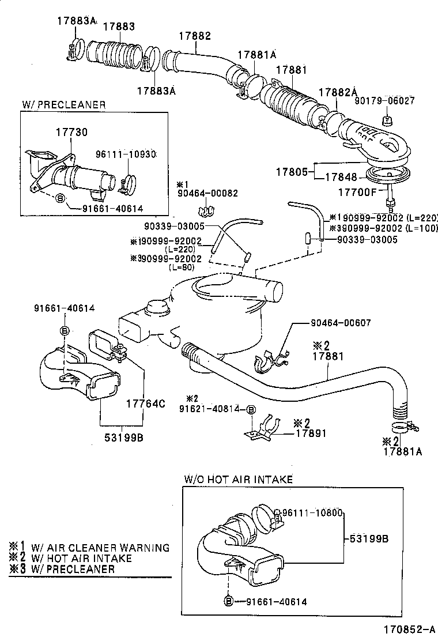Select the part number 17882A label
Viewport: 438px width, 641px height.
coord(338,92)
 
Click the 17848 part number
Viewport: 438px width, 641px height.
coord(342,177)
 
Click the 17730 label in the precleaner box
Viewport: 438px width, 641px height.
coord(71,132)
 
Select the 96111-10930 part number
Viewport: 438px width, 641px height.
coord(126,154)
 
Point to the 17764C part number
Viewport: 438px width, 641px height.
coord(145,404)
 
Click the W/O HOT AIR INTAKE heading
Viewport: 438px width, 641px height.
coord(238,479)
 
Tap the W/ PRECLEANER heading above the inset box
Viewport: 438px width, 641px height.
coord(64,104)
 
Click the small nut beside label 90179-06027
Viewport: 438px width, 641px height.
coord(387,120)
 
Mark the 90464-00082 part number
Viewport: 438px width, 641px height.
coord(207,194)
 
